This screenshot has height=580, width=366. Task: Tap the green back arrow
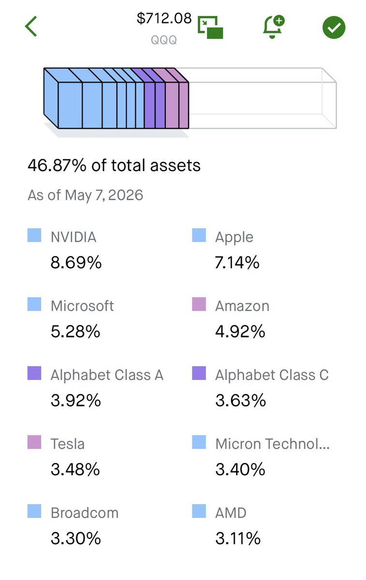pos(31,27)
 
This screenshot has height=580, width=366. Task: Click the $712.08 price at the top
pos(164,18)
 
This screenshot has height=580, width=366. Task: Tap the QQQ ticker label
pos(164,40)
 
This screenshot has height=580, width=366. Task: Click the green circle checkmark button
pos(334,28)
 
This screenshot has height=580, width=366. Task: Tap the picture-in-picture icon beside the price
pos(210,28)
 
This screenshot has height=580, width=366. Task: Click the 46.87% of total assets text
pos(114,165)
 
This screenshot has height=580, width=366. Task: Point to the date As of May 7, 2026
pos(86,195)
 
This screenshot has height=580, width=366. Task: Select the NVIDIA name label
pos(73,237)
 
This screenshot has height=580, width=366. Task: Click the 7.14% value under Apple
pos(237,262)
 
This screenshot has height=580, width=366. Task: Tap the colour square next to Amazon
pos(199,304)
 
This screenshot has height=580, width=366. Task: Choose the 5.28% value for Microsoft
pos(75,331)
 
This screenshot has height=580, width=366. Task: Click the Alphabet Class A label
pos(107,375)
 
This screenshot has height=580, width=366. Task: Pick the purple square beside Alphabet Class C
pos(199,373)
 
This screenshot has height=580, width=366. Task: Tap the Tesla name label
pos(68,444)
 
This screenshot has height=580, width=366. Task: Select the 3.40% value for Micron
pos(240,469)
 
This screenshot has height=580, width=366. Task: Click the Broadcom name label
pos(85,513)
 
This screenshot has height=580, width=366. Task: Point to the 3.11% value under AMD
pos(238,538)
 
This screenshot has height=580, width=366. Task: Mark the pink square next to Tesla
pos(34,442)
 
